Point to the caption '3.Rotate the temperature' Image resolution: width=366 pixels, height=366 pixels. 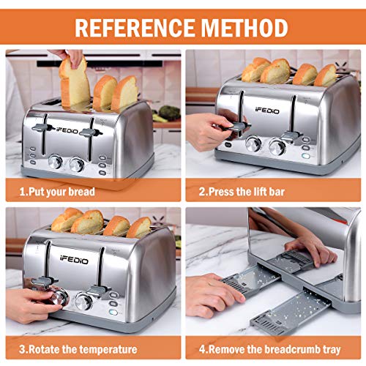72,349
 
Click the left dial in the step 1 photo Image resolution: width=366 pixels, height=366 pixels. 56,162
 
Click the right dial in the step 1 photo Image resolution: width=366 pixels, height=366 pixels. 78,165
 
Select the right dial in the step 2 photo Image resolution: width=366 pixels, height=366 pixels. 277,146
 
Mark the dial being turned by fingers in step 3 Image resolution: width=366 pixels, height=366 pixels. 59,296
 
